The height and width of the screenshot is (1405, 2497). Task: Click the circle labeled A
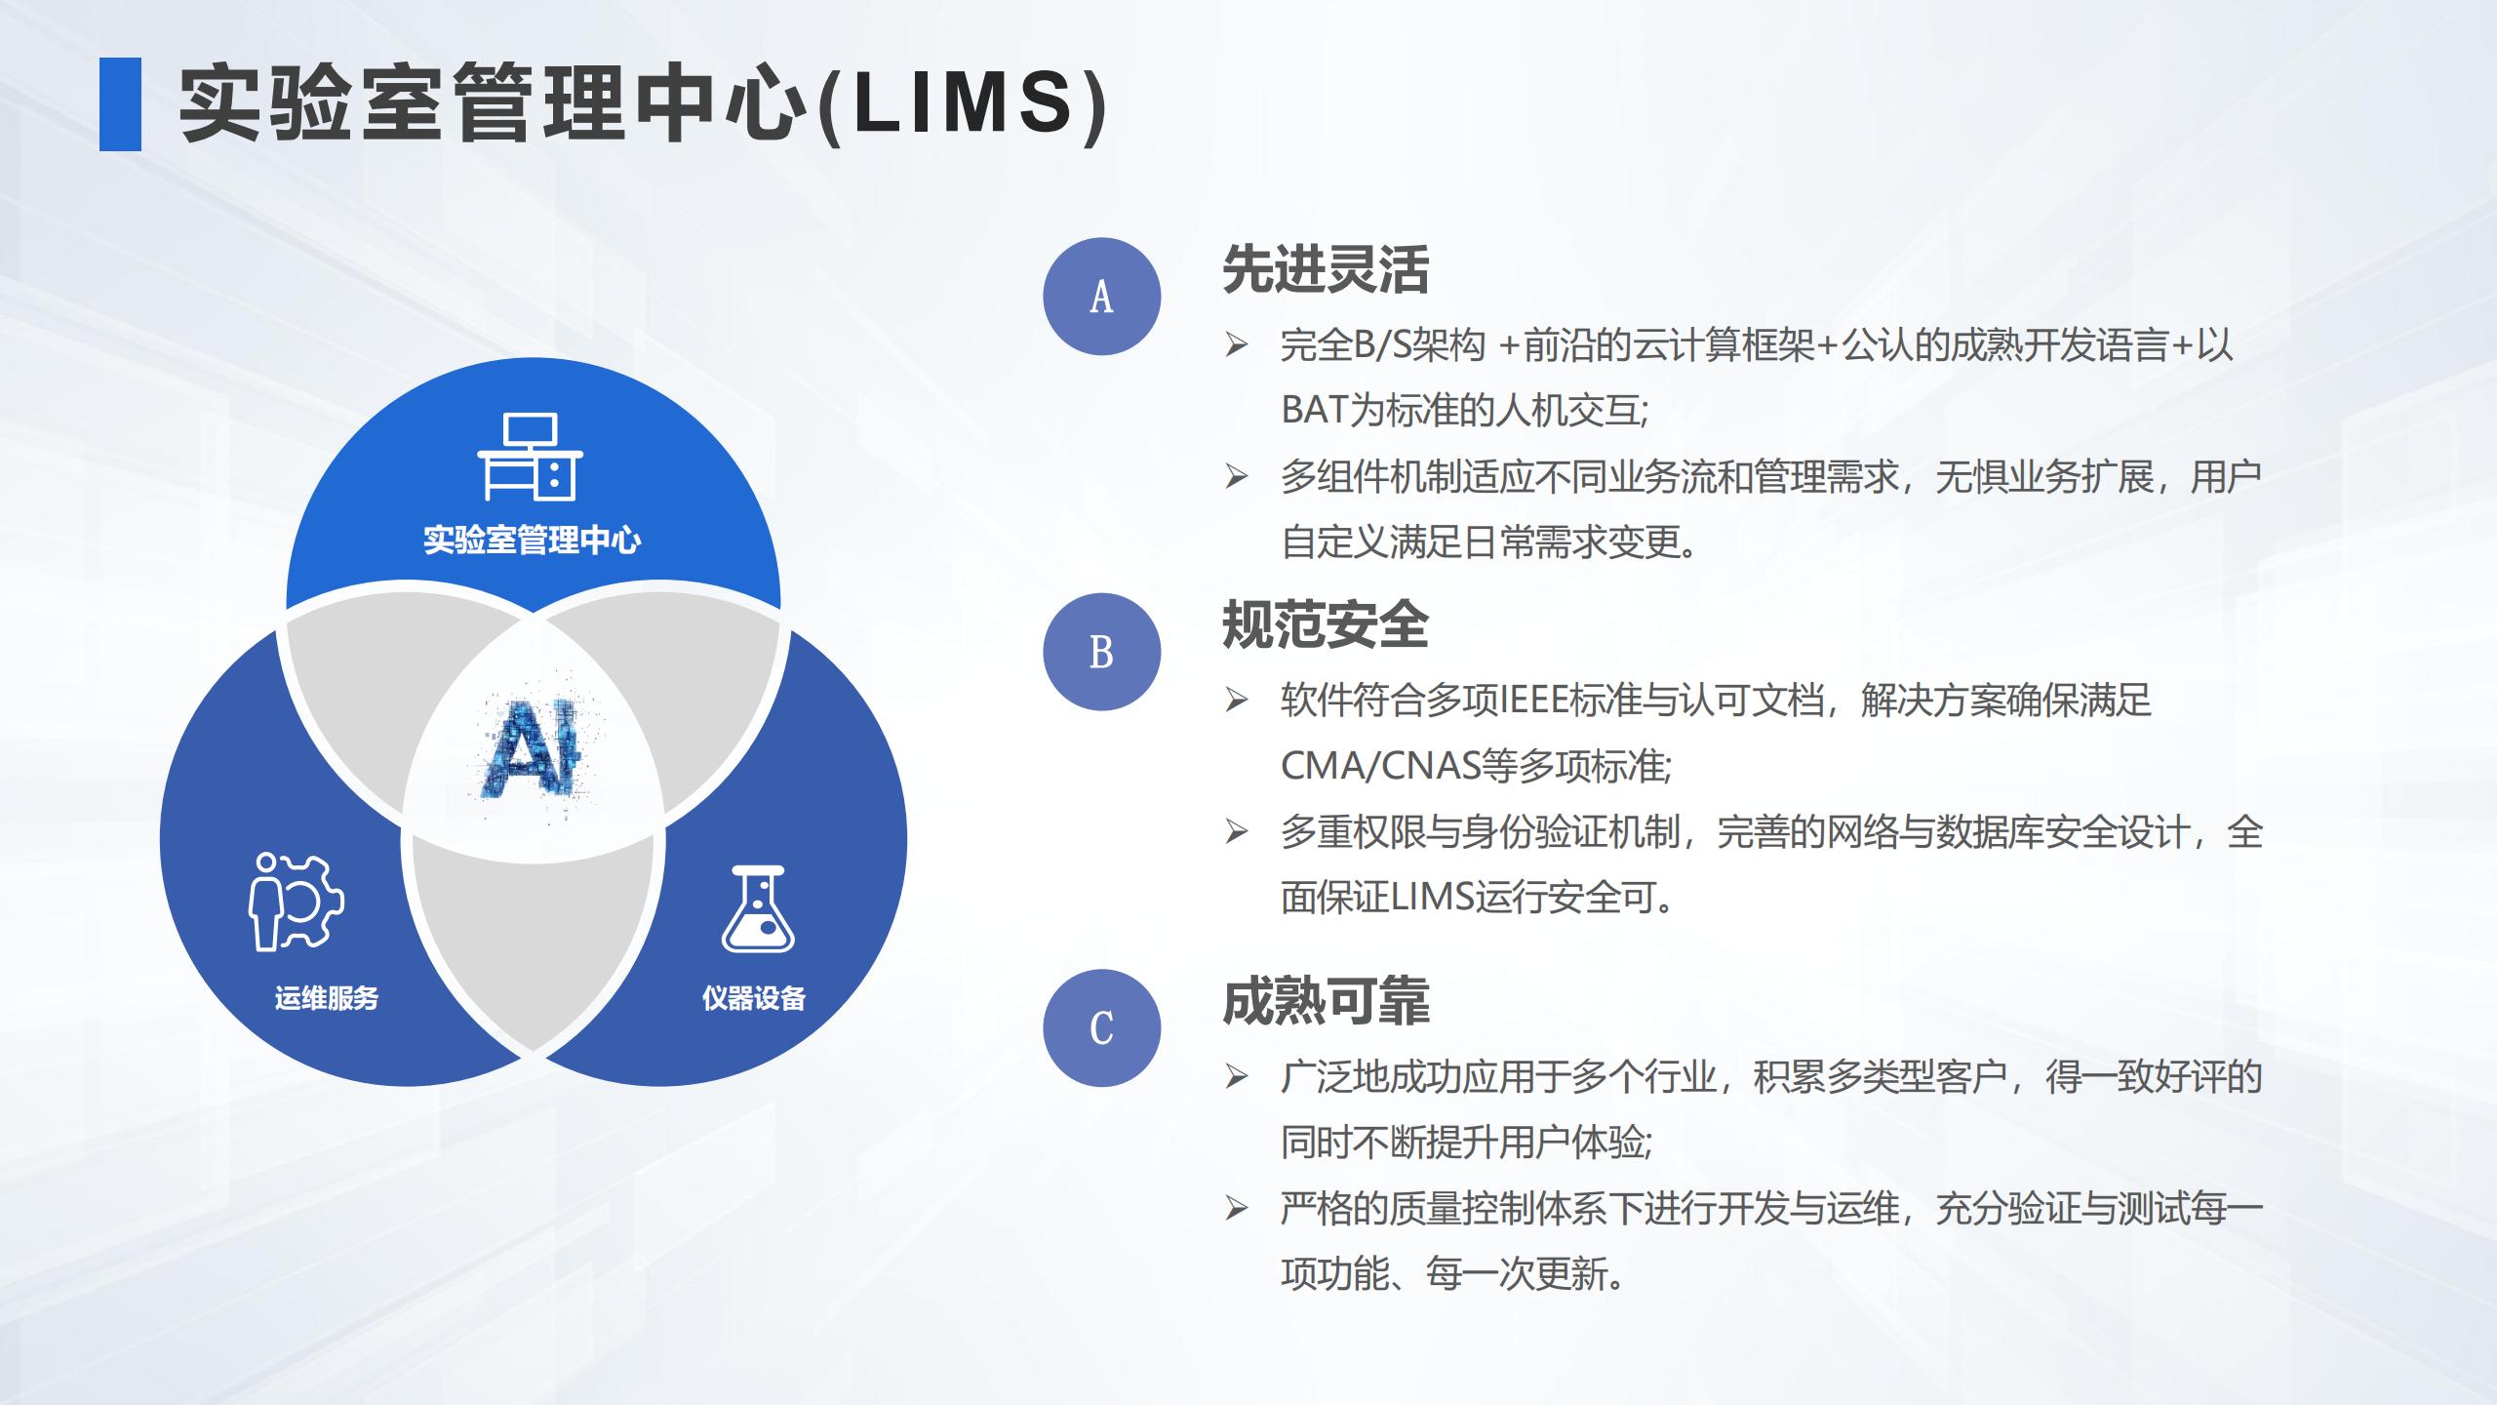click(1101, 297)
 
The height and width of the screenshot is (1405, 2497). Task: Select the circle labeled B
click(1101, 652)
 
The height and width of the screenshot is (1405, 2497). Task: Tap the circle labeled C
click(1101, 1027)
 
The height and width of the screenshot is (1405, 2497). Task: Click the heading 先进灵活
click(1326, 269)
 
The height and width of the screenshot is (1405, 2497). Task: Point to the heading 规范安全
click(1326, 624)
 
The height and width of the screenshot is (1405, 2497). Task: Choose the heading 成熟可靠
click(1326, 1001)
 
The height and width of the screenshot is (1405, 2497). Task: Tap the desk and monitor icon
click(530, 457)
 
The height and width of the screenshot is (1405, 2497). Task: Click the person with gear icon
click(296, 901)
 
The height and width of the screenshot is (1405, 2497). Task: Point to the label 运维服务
click(326, 998)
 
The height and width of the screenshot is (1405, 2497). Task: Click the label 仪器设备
click(754, 998)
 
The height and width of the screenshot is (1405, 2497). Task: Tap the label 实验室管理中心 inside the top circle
click(532, 540)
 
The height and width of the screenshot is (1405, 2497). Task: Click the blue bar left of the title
click(120, 104)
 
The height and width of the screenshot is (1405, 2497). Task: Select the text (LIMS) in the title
click(961, 104)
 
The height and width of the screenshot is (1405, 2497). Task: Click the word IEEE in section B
click(1534, 701)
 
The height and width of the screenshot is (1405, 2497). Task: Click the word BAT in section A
click(1314, 411)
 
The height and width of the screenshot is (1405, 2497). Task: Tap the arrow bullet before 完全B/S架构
click(1237, 344)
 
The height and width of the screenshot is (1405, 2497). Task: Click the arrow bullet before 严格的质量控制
click(1237, 1209)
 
